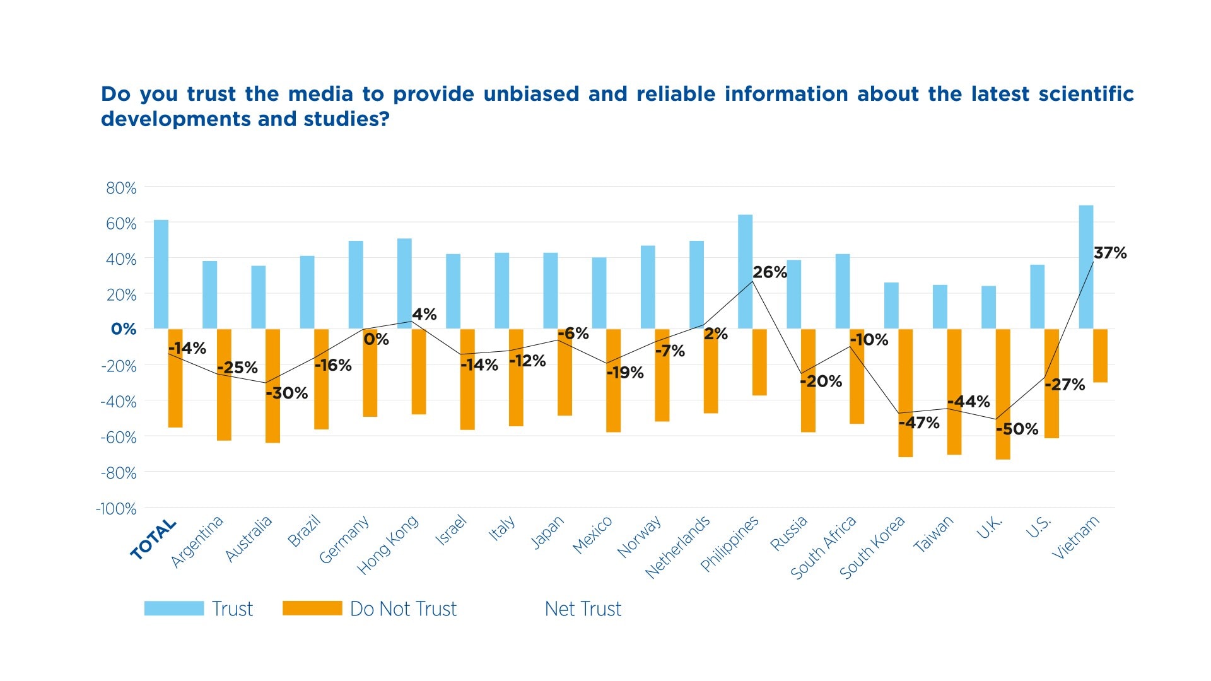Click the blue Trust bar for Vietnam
(x=1085, y=267)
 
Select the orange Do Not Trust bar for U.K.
(x=1003, y=394)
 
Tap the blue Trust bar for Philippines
(x=745, y=272)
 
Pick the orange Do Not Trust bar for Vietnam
(x=1100, y=356)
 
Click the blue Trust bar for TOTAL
(x=161, y=274)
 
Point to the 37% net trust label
(x=1110, y=253)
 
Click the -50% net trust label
(x=1017, y=429)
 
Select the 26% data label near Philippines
(x=769, y=272)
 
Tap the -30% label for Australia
(x=287, y=393)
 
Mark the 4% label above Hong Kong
(x=424, y=314)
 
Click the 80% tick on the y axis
(x=121, y=188)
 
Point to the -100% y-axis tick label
(x=116, y=509)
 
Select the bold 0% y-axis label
(x=124, y=329)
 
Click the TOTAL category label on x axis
(x=153, y=539)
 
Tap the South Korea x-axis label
(x=872, y=547)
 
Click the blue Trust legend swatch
(x=174, y=608)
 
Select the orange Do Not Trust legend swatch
(x=312, y=608)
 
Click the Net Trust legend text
(x=583, y=609)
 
